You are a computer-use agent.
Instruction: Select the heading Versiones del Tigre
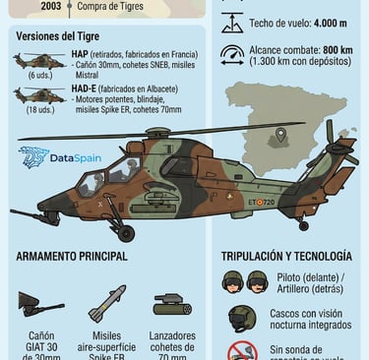(x=60, y=36)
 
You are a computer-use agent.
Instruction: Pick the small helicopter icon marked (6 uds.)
(x=40, y=61)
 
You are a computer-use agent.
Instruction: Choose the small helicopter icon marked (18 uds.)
(x=40, y=96)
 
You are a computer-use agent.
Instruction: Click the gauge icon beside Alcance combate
(x=232, y=55)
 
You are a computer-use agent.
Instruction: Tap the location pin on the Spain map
(x=281, y=135)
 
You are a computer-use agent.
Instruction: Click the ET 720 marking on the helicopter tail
(x=261, y=203)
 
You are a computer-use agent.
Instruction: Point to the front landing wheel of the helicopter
(x=126, y=233)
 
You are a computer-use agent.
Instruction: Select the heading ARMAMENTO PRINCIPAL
(x=71, y=257)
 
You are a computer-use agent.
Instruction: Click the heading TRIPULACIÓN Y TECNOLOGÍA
(x=289, y=257)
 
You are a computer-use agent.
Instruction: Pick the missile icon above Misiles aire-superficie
(x=107, y=303)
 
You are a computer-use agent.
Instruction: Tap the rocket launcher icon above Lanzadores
(x=172, y=304)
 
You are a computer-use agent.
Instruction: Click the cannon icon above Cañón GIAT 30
(x=40, y=306)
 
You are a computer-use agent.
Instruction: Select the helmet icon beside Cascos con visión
(x=241, y=318)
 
